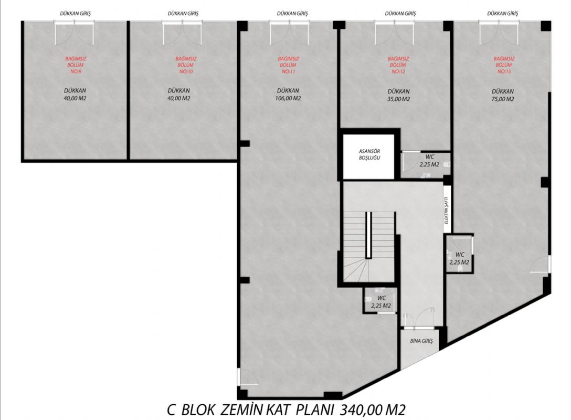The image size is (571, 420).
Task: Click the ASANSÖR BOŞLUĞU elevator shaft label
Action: (x=369, y=154)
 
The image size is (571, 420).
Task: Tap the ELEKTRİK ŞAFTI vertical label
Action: (x=447, y=210)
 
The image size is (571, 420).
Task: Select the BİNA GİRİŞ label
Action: (x=421, y=341)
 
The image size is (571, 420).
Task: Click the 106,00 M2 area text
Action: (x=288, y=98)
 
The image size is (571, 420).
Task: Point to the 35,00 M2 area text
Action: (x=399, y=99)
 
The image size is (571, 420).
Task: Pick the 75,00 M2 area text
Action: (x=503, y=99)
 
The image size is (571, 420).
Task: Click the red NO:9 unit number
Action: (x=76, y=71)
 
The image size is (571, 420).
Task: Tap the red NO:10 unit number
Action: (x=186, y=71)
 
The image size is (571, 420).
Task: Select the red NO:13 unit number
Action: (x=504, y=71)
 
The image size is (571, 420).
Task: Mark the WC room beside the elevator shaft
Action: (x=425, y=165)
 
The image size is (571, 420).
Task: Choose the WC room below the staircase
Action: (x=380, y=300)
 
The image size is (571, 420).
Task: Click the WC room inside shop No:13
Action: (x=459, y=254)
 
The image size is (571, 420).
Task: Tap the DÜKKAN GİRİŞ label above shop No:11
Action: (x=292, y=14)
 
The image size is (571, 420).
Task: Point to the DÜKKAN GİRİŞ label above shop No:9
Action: (x=76, y=14)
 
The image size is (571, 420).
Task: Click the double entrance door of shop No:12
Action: (x=394, y=33)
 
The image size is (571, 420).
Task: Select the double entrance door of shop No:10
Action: (x=182, y=33)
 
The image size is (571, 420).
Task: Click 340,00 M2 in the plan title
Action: (x=373, y=410)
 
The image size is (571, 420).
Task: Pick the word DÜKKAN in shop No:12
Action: (x=399, y=91)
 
